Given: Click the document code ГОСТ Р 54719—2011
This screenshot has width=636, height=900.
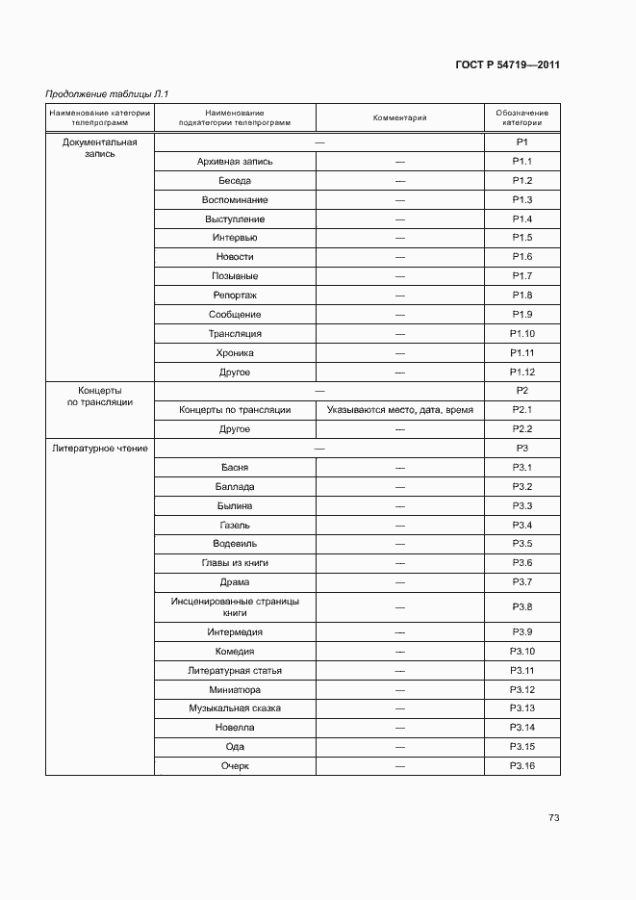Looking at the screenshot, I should point(507,65).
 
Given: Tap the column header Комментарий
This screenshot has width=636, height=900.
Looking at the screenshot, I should point(399,118).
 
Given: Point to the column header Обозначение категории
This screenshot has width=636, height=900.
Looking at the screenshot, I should point(522,118).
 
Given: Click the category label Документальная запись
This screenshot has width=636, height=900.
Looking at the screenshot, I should point(99,148).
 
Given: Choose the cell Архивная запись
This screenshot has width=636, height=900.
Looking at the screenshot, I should point(235,162).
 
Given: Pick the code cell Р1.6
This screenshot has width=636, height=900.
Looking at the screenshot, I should point(522,257).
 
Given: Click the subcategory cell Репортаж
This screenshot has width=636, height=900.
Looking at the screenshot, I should point(235,296).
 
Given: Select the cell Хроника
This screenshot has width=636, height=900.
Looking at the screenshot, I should point(235,353).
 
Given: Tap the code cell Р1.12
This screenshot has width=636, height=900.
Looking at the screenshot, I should point(522,373).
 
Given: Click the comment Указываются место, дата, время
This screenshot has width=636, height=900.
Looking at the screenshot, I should point(399,410).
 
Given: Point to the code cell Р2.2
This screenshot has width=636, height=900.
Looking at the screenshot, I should point(522,429).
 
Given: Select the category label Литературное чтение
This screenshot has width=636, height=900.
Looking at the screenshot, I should point(99,449).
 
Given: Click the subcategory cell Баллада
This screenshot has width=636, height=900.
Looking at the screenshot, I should point(235,487).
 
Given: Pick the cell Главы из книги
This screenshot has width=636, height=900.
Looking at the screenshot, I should point(235,563).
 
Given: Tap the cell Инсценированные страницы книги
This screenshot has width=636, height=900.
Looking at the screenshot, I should point(235,606).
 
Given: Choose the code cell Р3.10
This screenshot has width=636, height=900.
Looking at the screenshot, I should point(522,652).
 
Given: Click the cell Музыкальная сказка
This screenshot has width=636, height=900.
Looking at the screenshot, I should point(235,708).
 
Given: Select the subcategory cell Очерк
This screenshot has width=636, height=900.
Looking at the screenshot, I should point(235,766).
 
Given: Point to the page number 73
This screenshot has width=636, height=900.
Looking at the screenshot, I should point(553,818).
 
